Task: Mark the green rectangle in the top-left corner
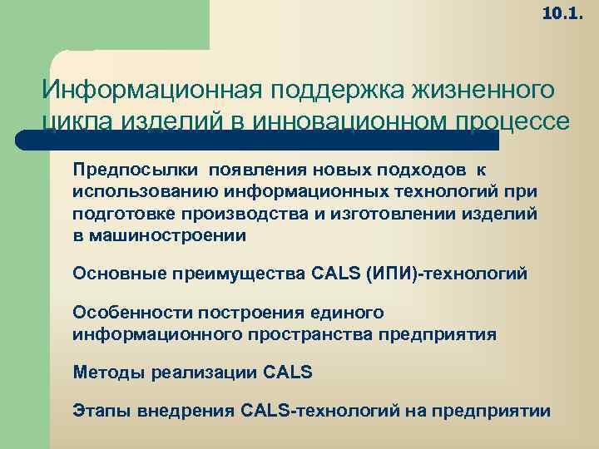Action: click(104, 25)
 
